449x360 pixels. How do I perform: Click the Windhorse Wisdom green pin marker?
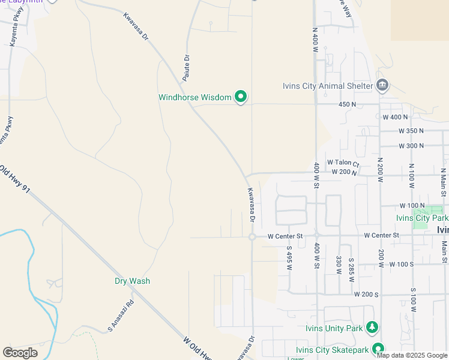point(241,97)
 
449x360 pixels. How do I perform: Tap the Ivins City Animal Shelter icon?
point(382,85)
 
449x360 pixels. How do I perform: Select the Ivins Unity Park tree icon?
point(373,328)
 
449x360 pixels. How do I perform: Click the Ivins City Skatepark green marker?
point(378,349)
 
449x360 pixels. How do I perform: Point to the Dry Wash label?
point(133,281)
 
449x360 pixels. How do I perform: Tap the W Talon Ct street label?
point(343,163)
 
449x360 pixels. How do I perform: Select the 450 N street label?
point(348,104)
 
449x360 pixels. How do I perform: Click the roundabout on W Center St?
point(252,237)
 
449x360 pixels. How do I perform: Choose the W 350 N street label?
point(411,131)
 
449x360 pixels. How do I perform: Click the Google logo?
point(20,353)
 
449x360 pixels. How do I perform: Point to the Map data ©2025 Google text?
point(412,355)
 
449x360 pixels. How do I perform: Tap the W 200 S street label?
point(366,295)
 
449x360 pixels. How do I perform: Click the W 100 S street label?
point(402,264)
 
